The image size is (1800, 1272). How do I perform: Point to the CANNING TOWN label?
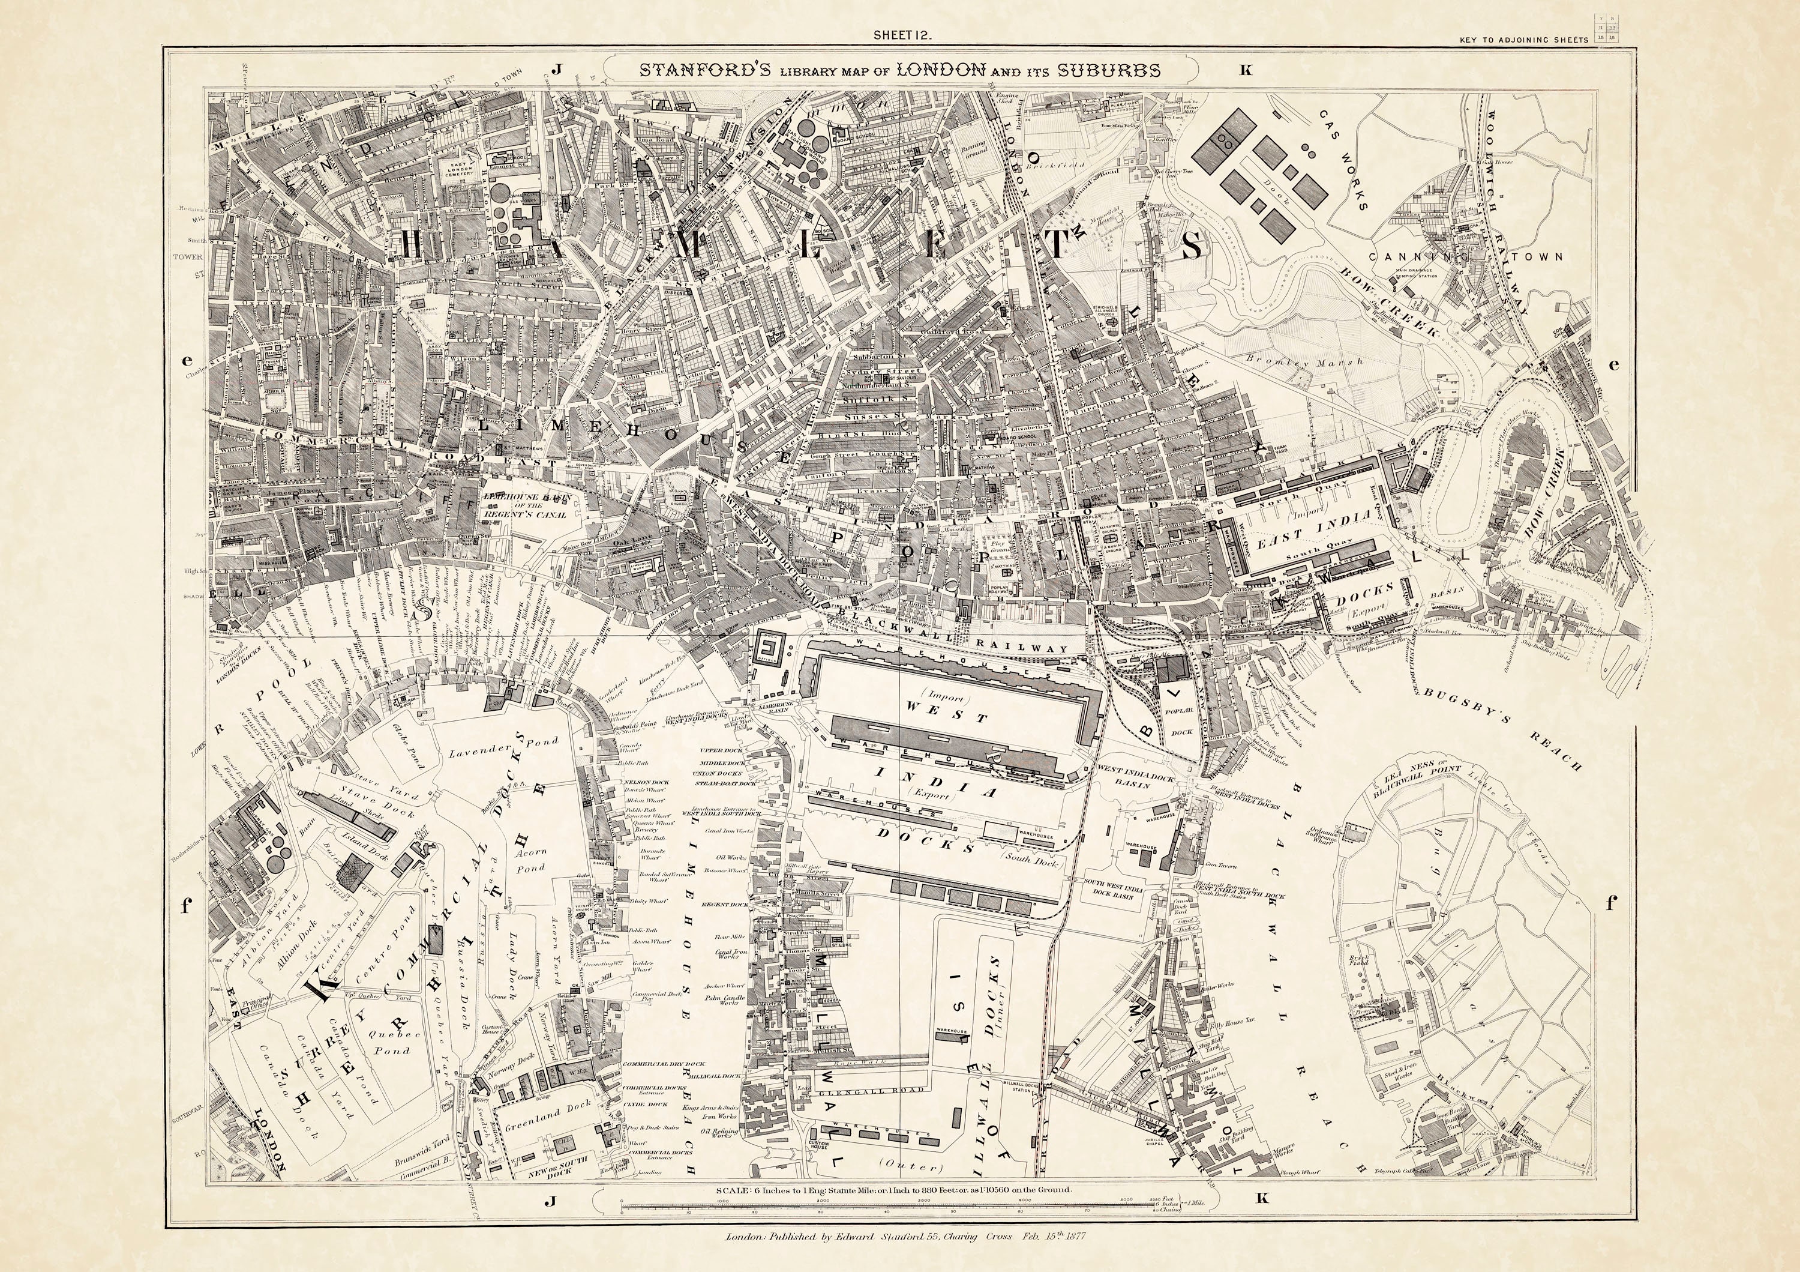(x=1465, y=256)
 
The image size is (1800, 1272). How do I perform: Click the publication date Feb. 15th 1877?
(x=1051, y=1258)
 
